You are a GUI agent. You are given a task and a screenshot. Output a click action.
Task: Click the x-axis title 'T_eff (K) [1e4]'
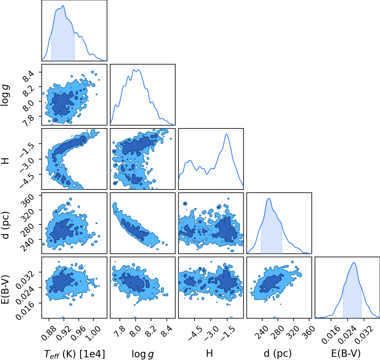point(74,354)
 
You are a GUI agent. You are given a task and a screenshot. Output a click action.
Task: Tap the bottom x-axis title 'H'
point(209,353)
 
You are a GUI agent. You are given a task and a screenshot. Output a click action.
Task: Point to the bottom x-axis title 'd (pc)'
point(278,354)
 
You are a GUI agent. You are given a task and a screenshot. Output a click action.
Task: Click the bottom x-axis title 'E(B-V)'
point(346,353)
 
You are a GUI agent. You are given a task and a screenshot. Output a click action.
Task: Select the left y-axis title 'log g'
point(5,95)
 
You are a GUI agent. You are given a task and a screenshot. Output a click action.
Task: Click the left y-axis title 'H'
point(5,161)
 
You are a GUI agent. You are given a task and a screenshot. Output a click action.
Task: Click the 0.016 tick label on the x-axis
point(331,335)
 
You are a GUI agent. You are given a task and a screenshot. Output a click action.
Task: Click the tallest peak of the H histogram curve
point(226,134)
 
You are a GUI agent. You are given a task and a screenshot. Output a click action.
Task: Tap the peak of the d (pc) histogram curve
point(269,198)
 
